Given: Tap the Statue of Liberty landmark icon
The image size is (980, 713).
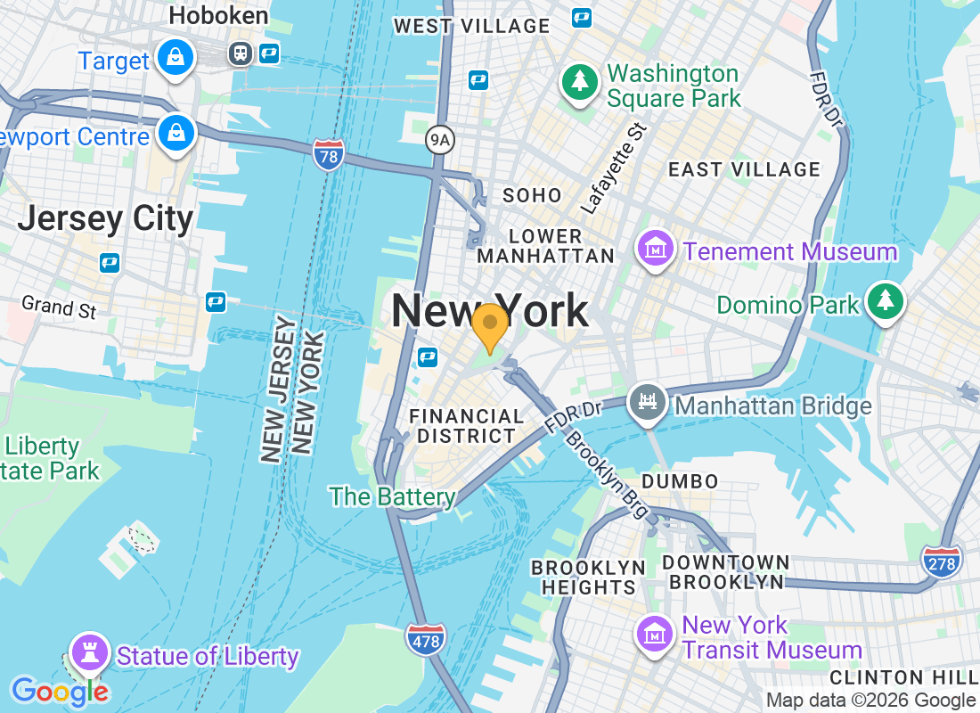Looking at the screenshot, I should click(x=89, y=653).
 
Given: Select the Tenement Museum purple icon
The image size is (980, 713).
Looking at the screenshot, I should click(x=657, y=250).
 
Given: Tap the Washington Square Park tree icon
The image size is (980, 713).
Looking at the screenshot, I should click(x=580, y=83).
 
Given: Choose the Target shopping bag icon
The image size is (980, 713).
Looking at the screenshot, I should click(x=176, y=58).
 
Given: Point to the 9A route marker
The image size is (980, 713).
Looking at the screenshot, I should click(x=439, y=139).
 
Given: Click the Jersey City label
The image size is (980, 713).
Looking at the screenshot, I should click(x=105, y=218).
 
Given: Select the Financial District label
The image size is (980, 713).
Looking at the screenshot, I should click(x=466, y=426).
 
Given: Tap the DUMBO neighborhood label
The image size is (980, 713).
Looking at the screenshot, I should click(x=680, y=481).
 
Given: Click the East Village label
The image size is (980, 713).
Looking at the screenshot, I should click(x=744, y=169).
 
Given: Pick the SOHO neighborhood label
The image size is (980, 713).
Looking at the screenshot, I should click(x=532, y=195).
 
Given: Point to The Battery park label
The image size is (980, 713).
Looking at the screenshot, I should click(x=392, y=496).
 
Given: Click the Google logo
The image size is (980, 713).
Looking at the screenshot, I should click(x=60, y=691).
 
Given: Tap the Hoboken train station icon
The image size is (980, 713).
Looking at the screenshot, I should click(x=240, y=53).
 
